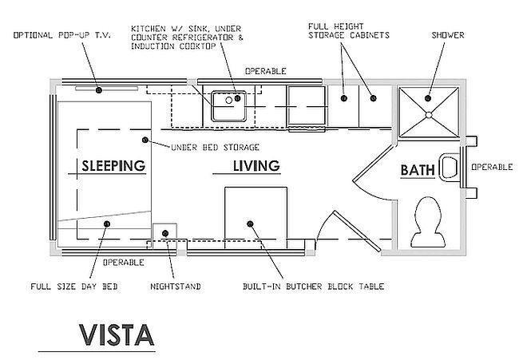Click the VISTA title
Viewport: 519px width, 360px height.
[x=117, y=335]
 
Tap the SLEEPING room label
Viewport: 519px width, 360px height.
[x=113, y=166]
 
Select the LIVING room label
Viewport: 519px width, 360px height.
[x=256, y=166]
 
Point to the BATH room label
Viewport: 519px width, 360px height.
[x=418, y=170]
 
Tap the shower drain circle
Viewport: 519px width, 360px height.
[x=429, y=115]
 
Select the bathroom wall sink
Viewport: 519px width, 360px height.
[x=450, y=167]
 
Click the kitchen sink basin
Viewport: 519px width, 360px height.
[x=228, y=106]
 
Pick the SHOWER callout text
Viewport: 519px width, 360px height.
[x=448, y=35]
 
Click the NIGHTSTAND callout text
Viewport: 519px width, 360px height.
[x=176, y=287]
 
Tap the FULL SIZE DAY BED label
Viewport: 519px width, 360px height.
[x=74, y=287]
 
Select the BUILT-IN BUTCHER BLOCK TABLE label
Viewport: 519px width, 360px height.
[x=314, y=287]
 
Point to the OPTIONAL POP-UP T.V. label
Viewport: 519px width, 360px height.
[x=62, y=35]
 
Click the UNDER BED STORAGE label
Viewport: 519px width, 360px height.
[x=215, y=147]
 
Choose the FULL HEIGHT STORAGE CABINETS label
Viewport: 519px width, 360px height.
[x=349, y=31]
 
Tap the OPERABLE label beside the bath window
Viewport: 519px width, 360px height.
[x=492, y=167]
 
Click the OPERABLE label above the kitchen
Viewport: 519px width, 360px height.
[x=265, y=71]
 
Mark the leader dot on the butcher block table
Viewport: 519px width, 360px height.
[x=250, y=224]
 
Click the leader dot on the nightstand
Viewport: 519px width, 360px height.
[x=165, y=233]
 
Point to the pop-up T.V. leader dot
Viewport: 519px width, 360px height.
[x=99, y=90]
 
